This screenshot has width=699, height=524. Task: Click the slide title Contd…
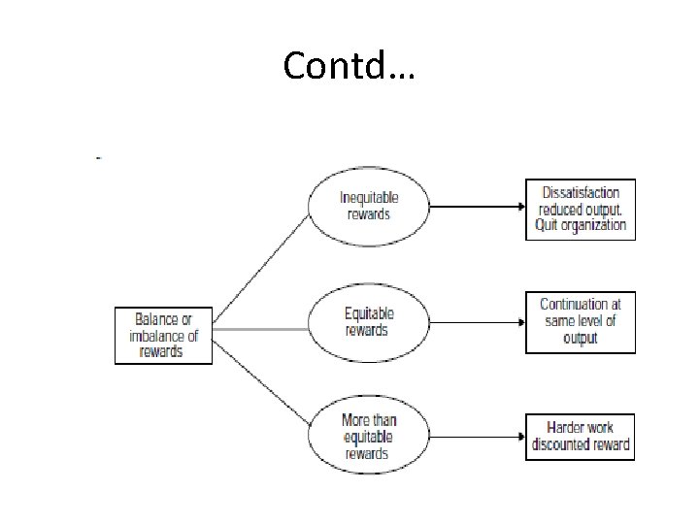349,65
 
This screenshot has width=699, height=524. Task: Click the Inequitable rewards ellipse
369,205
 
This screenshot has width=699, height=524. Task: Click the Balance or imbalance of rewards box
164,335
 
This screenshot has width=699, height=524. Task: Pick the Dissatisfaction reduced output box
581,209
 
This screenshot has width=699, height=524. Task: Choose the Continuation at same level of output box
581,322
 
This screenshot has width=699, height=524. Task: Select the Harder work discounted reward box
581,437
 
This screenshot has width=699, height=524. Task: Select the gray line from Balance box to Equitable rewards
260,329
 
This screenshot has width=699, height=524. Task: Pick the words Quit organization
581,226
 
